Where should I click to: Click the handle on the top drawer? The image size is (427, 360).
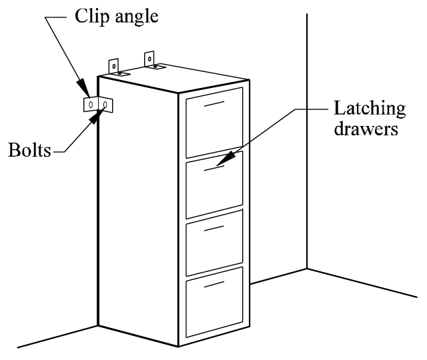[213, 105]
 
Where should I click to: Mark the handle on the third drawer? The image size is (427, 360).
[213, 229]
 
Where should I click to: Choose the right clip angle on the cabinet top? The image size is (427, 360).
[153, 61]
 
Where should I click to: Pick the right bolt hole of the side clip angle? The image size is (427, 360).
[105, 105]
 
